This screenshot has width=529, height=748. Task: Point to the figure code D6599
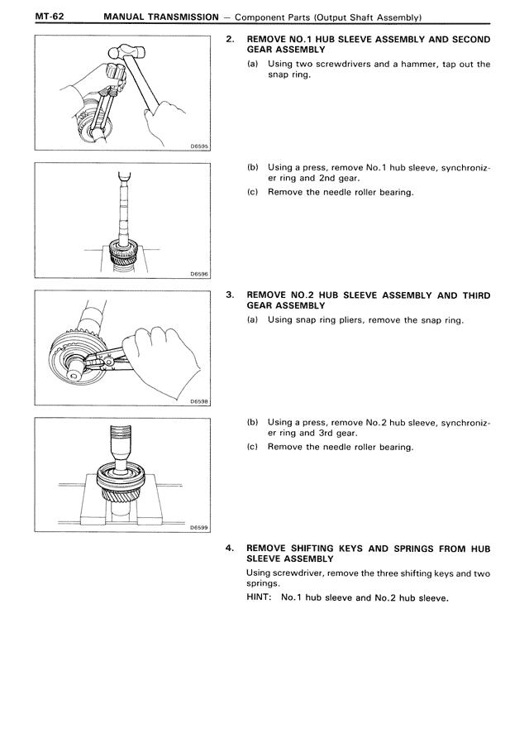tap(198, 527)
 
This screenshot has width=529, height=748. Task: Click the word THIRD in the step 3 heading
tap(475, 295)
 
